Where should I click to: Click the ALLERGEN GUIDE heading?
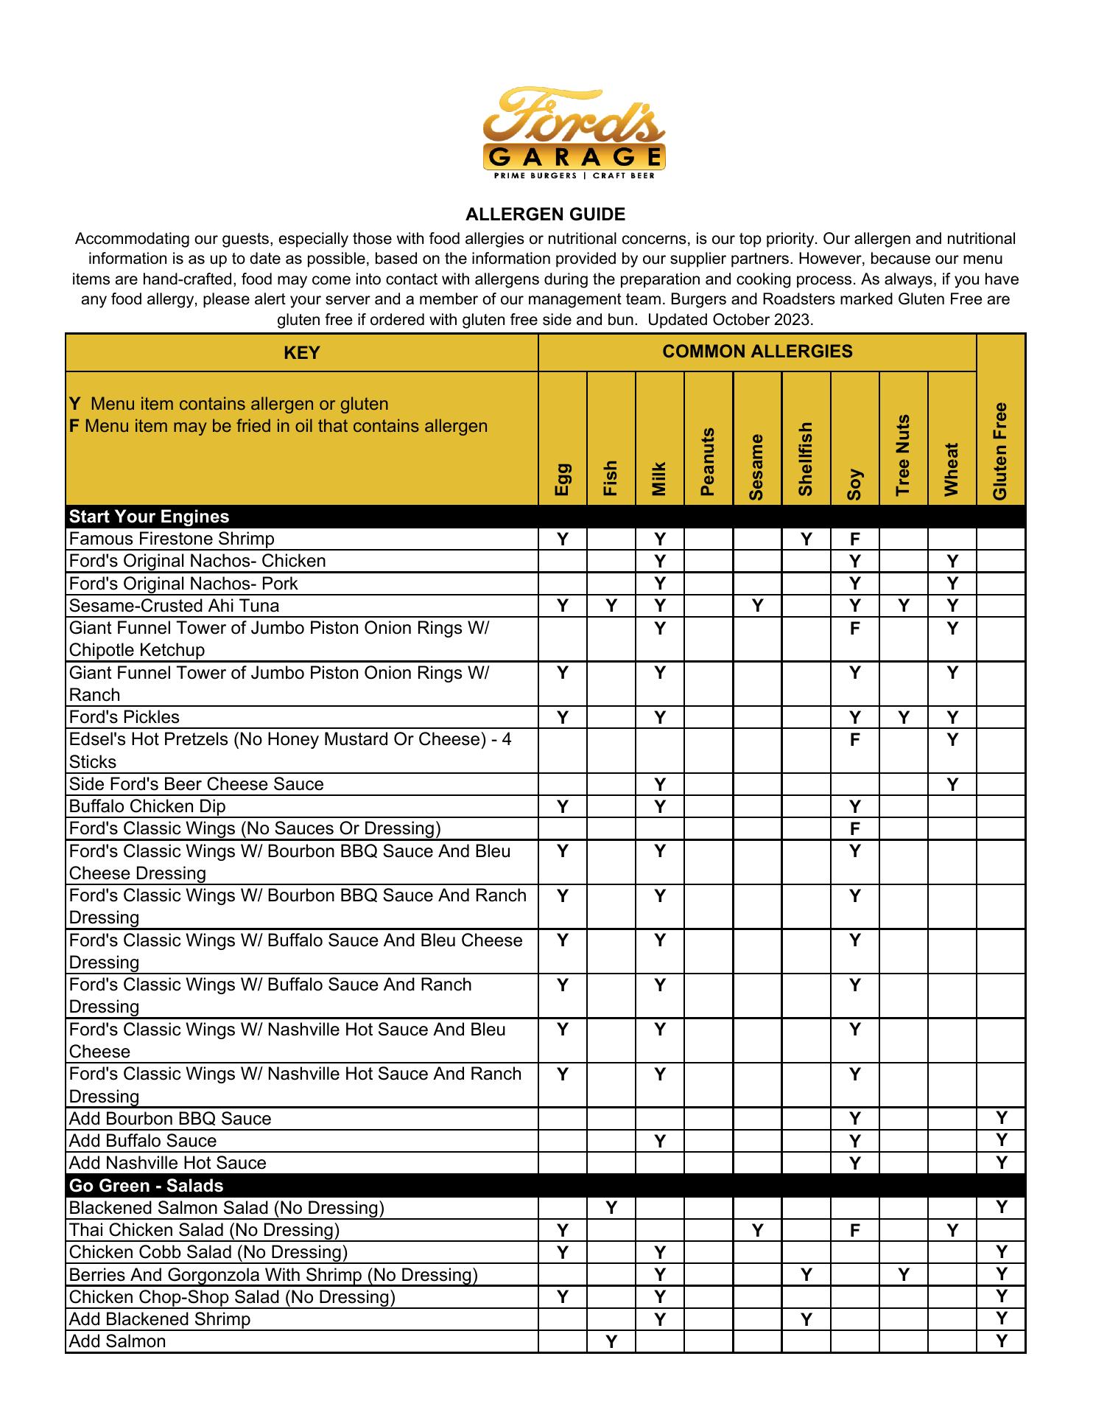tap(545, 214)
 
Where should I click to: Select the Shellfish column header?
tap(806, 458)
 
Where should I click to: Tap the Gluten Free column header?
tap(1000, 451)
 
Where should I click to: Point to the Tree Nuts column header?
tap(903, 455)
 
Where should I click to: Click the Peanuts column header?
tap(708, 461)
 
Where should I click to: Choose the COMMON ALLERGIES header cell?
tap(756, 352)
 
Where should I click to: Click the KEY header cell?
tap(301, 353)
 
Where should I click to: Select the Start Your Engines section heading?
tap(149, 517)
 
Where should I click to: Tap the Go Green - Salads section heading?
tap(146, 1186)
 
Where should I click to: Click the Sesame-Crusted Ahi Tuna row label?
tap(174, 606)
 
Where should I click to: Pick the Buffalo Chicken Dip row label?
tap(147, 806)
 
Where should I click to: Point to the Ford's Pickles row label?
tap(124, 717)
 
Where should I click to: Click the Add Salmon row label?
tap(117, 1341)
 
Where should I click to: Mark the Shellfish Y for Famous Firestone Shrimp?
tap(806, 539)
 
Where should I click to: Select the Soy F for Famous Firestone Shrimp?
tap(854, 539)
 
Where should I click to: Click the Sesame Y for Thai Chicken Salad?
tap(757, 1230)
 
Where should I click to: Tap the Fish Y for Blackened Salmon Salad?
tap(611, 1208)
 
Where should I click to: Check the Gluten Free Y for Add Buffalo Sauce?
tap(1001, 1141)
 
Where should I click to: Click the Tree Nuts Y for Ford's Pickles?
tap(903, 717)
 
